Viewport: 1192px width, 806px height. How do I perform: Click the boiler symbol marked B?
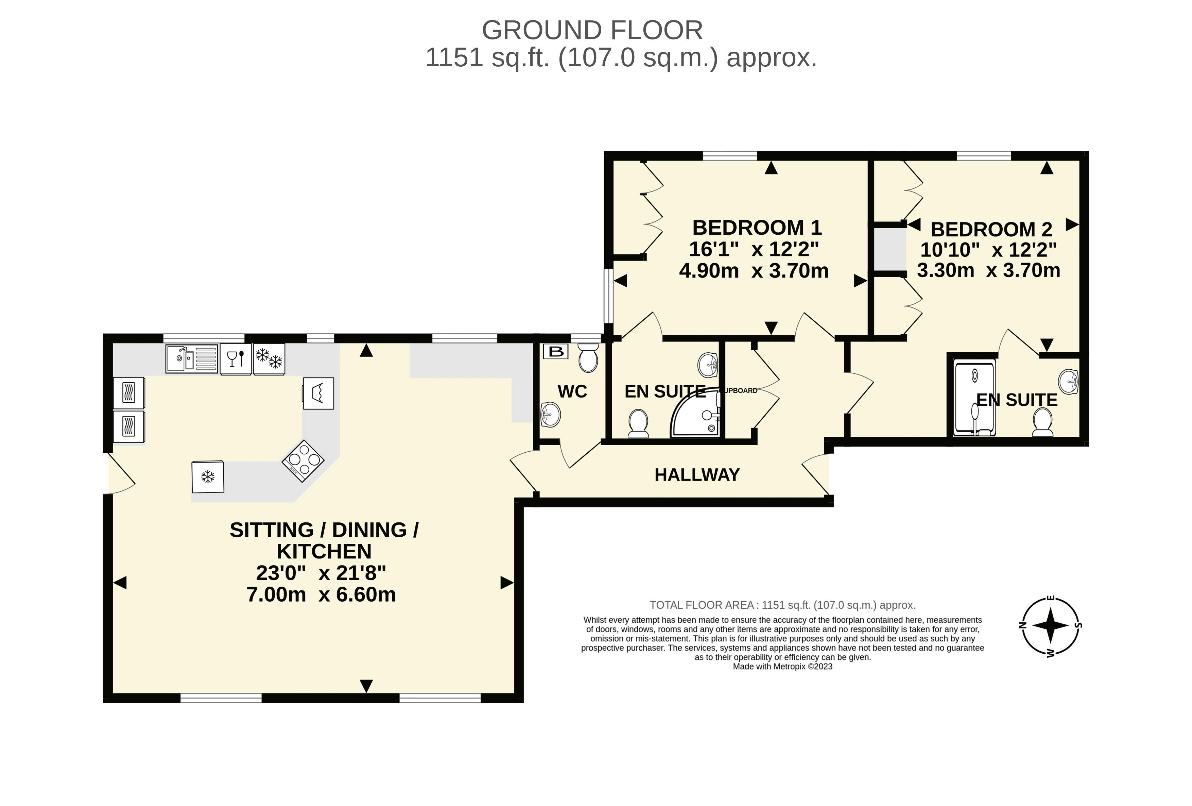pos(555,351)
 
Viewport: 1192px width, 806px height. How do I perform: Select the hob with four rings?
pos(303,461)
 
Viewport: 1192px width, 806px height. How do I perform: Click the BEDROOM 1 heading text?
pos(757,227)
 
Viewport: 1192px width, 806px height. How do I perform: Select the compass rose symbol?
pos(1050,625)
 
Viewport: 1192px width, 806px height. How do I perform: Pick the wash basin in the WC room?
pos(551,414)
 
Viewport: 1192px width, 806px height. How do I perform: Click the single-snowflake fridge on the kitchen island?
pos(208,477)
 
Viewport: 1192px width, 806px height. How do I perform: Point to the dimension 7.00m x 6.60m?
pos(321,594)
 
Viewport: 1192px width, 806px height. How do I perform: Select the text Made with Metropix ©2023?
pos(783,667)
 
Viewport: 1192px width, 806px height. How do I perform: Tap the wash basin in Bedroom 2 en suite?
pos(1069,381)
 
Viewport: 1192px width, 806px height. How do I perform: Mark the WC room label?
pos(572,391)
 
